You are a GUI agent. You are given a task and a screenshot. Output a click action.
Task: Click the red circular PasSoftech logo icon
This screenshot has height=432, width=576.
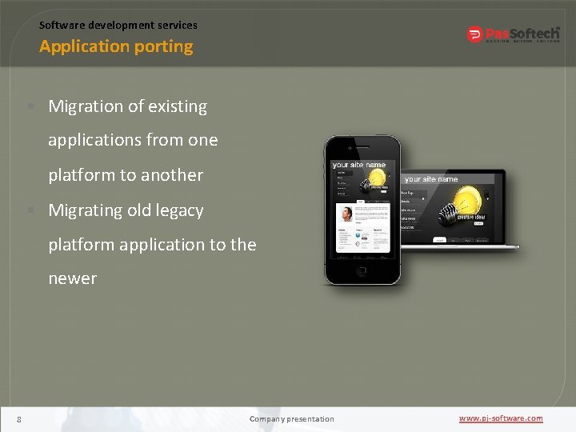click(x=474, y=34)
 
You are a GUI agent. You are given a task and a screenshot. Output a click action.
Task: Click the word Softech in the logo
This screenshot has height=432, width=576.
click(x=535, y=33)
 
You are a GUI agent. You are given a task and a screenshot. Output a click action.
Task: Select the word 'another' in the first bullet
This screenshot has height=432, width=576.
click(x=171, y=175)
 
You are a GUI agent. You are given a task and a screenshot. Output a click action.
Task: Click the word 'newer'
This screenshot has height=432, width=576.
click(x=72, y=278)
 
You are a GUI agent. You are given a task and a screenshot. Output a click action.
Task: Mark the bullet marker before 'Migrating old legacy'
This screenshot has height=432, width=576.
click(x=29, y=210)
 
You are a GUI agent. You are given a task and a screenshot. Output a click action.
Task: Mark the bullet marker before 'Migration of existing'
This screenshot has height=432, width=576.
click(x=29, y=106)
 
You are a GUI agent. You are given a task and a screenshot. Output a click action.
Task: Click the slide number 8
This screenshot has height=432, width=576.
click(x=18, y=419)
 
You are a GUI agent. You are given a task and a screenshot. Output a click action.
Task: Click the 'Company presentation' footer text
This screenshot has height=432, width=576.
click(x=292, y=419)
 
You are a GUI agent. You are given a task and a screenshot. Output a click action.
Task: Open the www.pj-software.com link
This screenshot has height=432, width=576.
click(x=501, y=418)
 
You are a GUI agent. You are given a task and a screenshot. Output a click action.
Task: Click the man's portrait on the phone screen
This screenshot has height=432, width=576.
click(x=346, y=214)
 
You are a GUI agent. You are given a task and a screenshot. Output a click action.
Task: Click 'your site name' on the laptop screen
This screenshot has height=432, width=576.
click(x=431, y=179)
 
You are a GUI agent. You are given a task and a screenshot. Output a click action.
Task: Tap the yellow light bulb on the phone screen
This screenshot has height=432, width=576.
click(x=375, y=177)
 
